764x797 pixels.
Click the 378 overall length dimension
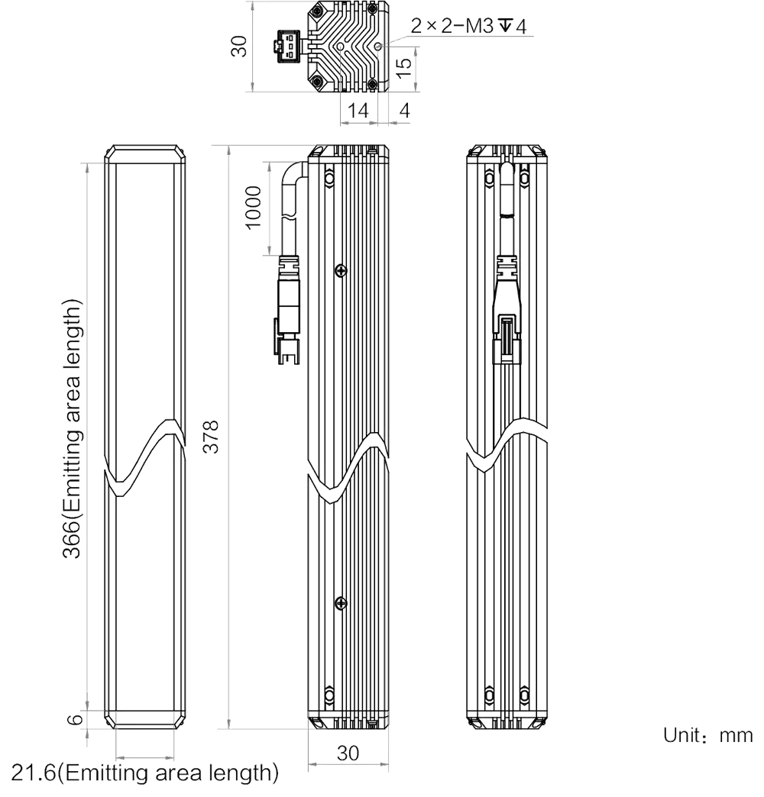[x=211, y=437]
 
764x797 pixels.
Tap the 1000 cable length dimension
[x=254, y=208]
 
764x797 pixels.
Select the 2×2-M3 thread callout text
[x=468, y=25]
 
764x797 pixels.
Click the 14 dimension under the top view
[x=358, y=110]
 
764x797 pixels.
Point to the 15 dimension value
[x=403, y=68]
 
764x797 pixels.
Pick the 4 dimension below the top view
[x=404, y=110]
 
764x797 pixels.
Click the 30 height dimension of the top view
[x=238, y=47]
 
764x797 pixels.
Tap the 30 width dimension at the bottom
[x=348, y=753]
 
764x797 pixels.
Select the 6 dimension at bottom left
[x=76, y=719]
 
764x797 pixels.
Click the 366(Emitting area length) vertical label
[x=73, y=428]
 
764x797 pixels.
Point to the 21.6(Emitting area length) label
[x=145, y=773]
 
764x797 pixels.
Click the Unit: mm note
[x=707, y=735]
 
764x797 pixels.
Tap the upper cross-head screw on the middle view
[x=341, y=271]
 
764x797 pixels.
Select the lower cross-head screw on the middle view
[x=341, y=603]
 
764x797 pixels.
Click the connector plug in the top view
[x=288, y=47]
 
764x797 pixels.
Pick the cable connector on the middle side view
[x=288, y=310]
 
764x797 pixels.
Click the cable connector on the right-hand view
[x=507, y=309]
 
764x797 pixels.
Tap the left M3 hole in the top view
[x=340, y=47]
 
